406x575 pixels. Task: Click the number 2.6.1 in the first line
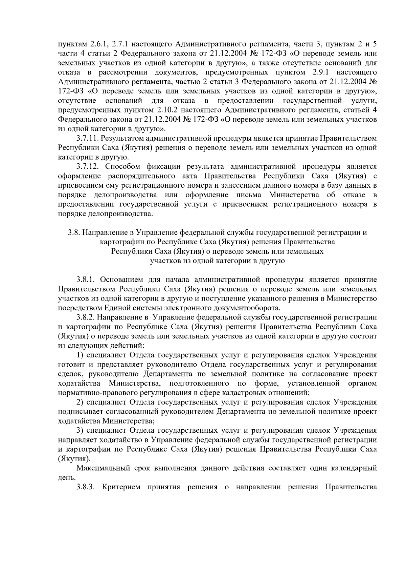coord(99,44)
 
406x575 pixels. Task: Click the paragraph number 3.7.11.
coord(87,138)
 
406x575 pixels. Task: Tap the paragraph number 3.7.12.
coord(87,167)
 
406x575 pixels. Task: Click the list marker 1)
coord(80,355)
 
